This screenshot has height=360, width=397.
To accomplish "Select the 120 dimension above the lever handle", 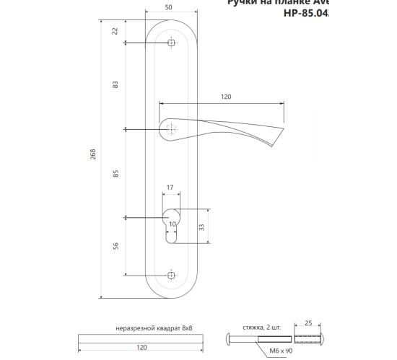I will pyautogui.click(x=225, y=96).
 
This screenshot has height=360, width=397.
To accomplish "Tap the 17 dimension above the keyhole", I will pyautogui.click(x=170, y=188).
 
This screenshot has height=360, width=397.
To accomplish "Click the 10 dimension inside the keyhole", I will pyautogui.click(x=171, y=224).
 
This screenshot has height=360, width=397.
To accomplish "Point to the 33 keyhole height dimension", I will pyautogui.click(x=201, y=227).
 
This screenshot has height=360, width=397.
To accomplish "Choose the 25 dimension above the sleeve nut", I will pyautogui.click(x=307, y=322).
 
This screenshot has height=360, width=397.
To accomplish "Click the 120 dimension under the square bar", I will pyautogui.click(x=142, y=348).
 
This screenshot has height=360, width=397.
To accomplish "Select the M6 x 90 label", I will pyautogui.click(x=279, y=351).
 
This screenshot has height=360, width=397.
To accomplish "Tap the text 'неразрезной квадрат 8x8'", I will pyautogui.click(x=153, y=328).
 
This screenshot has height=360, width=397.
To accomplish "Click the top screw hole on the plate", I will pyautogui.click(x=170, y=43).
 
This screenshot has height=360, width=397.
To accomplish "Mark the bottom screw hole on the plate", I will pyautogui.click(x=170, y=275).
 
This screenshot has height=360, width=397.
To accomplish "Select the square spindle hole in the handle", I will pyautogui.click(x=170, y=130).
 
